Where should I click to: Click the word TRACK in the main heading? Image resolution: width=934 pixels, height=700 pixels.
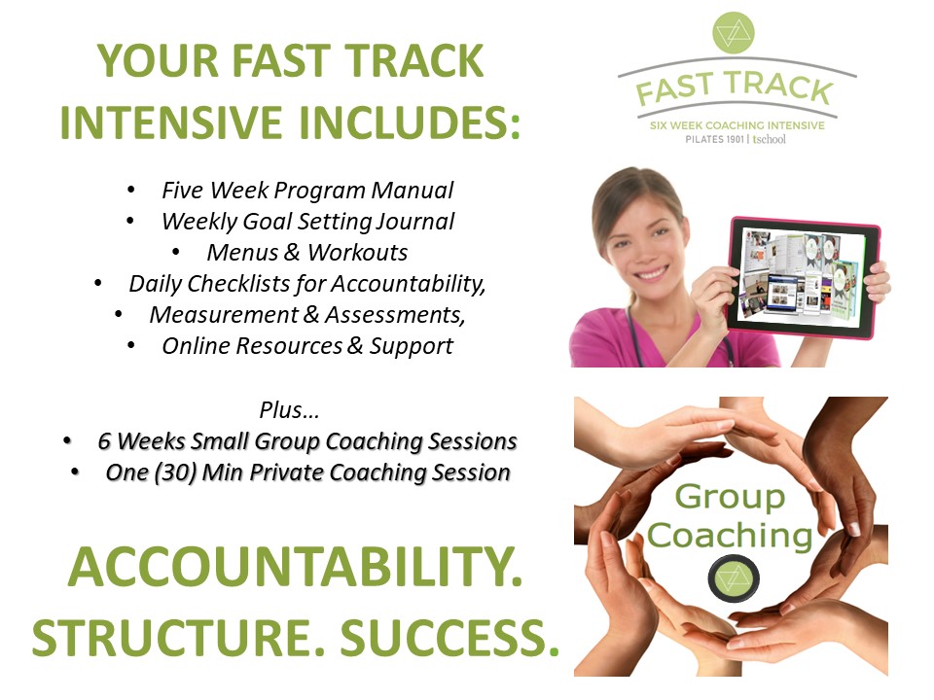coord(414,60)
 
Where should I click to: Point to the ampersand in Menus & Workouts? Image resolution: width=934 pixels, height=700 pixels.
coord(292,253)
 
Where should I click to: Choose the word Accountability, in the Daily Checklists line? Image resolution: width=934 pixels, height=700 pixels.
coord(408,284)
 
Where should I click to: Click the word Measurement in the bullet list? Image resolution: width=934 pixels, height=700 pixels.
coord(224,315)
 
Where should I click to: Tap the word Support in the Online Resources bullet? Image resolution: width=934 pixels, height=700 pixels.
coord(411,346)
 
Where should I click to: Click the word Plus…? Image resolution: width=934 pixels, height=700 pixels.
coord(290,410)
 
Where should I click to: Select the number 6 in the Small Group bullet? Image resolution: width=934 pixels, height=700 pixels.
coord(104,441)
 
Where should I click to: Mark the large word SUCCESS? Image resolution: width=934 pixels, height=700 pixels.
coord(449,638)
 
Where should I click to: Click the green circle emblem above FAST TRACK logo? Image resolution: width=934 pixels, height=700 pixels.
coord(734,32)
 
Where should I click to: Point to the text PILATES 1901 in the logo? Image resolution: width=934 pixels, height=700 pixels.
coord(714,139)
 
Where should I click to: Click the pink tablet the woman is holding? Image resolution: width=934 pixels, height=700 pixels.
coord(804,278)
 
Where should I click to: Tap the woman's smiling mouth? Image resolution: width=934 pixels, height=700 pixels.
coord(651,274)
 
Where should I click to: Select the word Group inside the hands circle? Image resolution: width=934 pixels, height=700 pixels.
coord(730,498)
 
